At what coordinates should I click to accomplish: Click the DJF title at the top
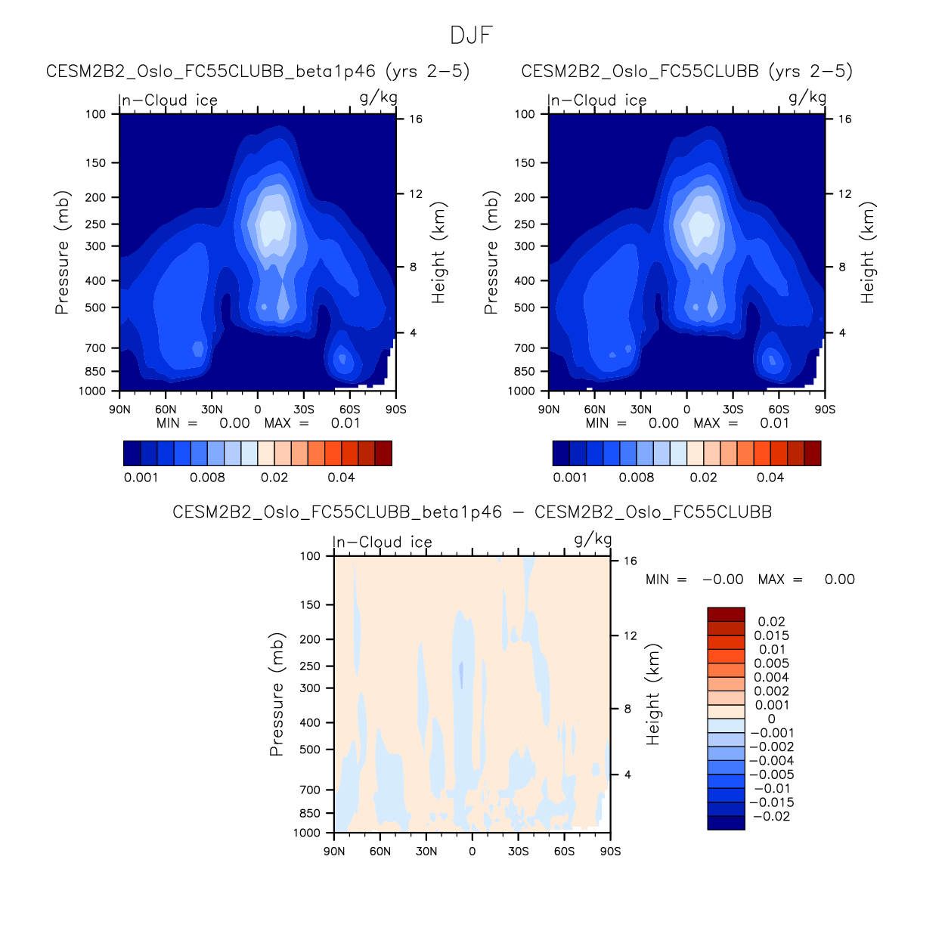471,35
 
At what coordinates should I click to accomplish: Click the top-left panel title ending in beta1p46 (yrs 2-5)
258,71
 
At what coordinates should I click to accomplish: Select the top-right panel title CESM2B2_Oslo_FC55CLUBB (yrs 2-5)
686,71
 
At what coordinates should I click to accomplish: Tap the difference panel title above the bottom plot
472,512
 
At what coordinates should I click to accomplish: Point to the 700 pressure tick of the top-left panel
96,348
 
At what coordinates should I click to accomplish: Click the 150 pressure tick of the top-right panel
525,163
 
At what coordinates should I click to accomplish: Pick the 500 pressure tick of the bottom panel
311,750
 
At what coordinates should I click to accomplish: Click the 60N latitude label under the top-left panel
166,410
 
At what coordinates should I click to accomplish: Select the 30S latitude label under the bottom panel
519,852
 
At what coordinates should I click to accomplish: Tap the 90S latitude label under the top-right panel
825,410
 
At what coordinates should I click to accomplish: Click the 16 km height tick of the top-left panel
416,119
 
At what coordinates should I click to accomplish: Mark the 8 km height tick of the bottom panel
627,709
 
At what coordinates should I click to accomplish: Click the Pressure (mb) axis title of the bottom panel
277,694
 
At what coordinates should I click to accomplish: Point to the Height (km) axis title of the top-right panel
868,252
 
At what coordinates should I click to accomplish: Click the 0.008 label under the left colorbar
207,478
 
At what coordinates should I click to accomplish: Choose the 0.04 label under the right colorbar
770,478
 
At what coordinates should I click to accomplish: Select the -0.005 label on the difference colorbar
771,774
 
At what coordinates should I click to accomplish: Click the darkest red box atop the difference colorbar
726,614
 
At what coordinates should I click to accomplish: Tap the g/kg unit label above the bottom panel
593,539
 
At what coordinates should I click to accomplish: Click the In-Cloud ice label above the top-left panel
169,100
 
